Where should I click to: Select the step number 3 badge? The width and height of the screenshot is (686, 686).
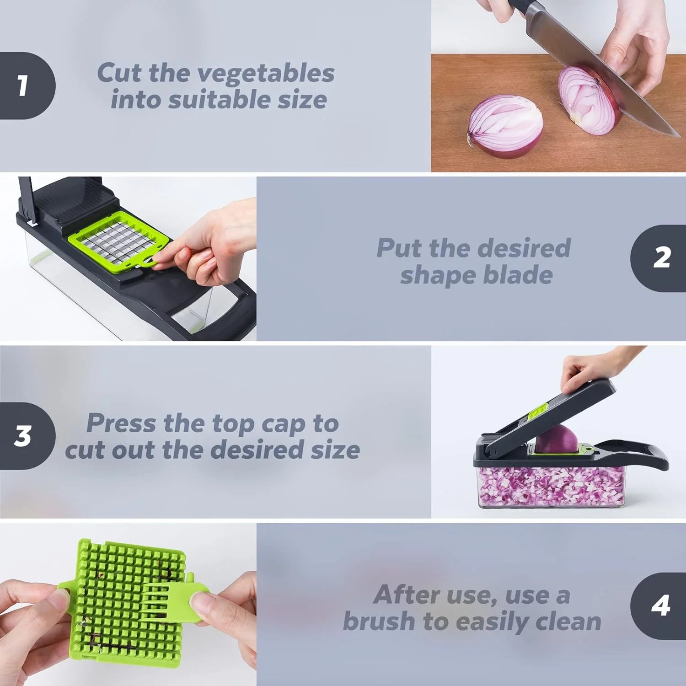click(x=24, y=436)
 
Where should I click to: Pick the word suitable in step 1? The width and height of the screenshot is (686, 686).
click(x=220, y=100)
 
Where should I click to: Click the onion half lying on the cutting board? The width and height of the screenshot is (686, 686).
click(x=504, y=126)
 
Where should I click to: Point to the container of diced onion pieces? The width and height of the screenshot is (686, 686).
click(x=551, y=487)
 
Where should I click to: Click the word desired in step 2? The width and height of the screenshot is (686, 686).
click(x=524, y=248)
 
